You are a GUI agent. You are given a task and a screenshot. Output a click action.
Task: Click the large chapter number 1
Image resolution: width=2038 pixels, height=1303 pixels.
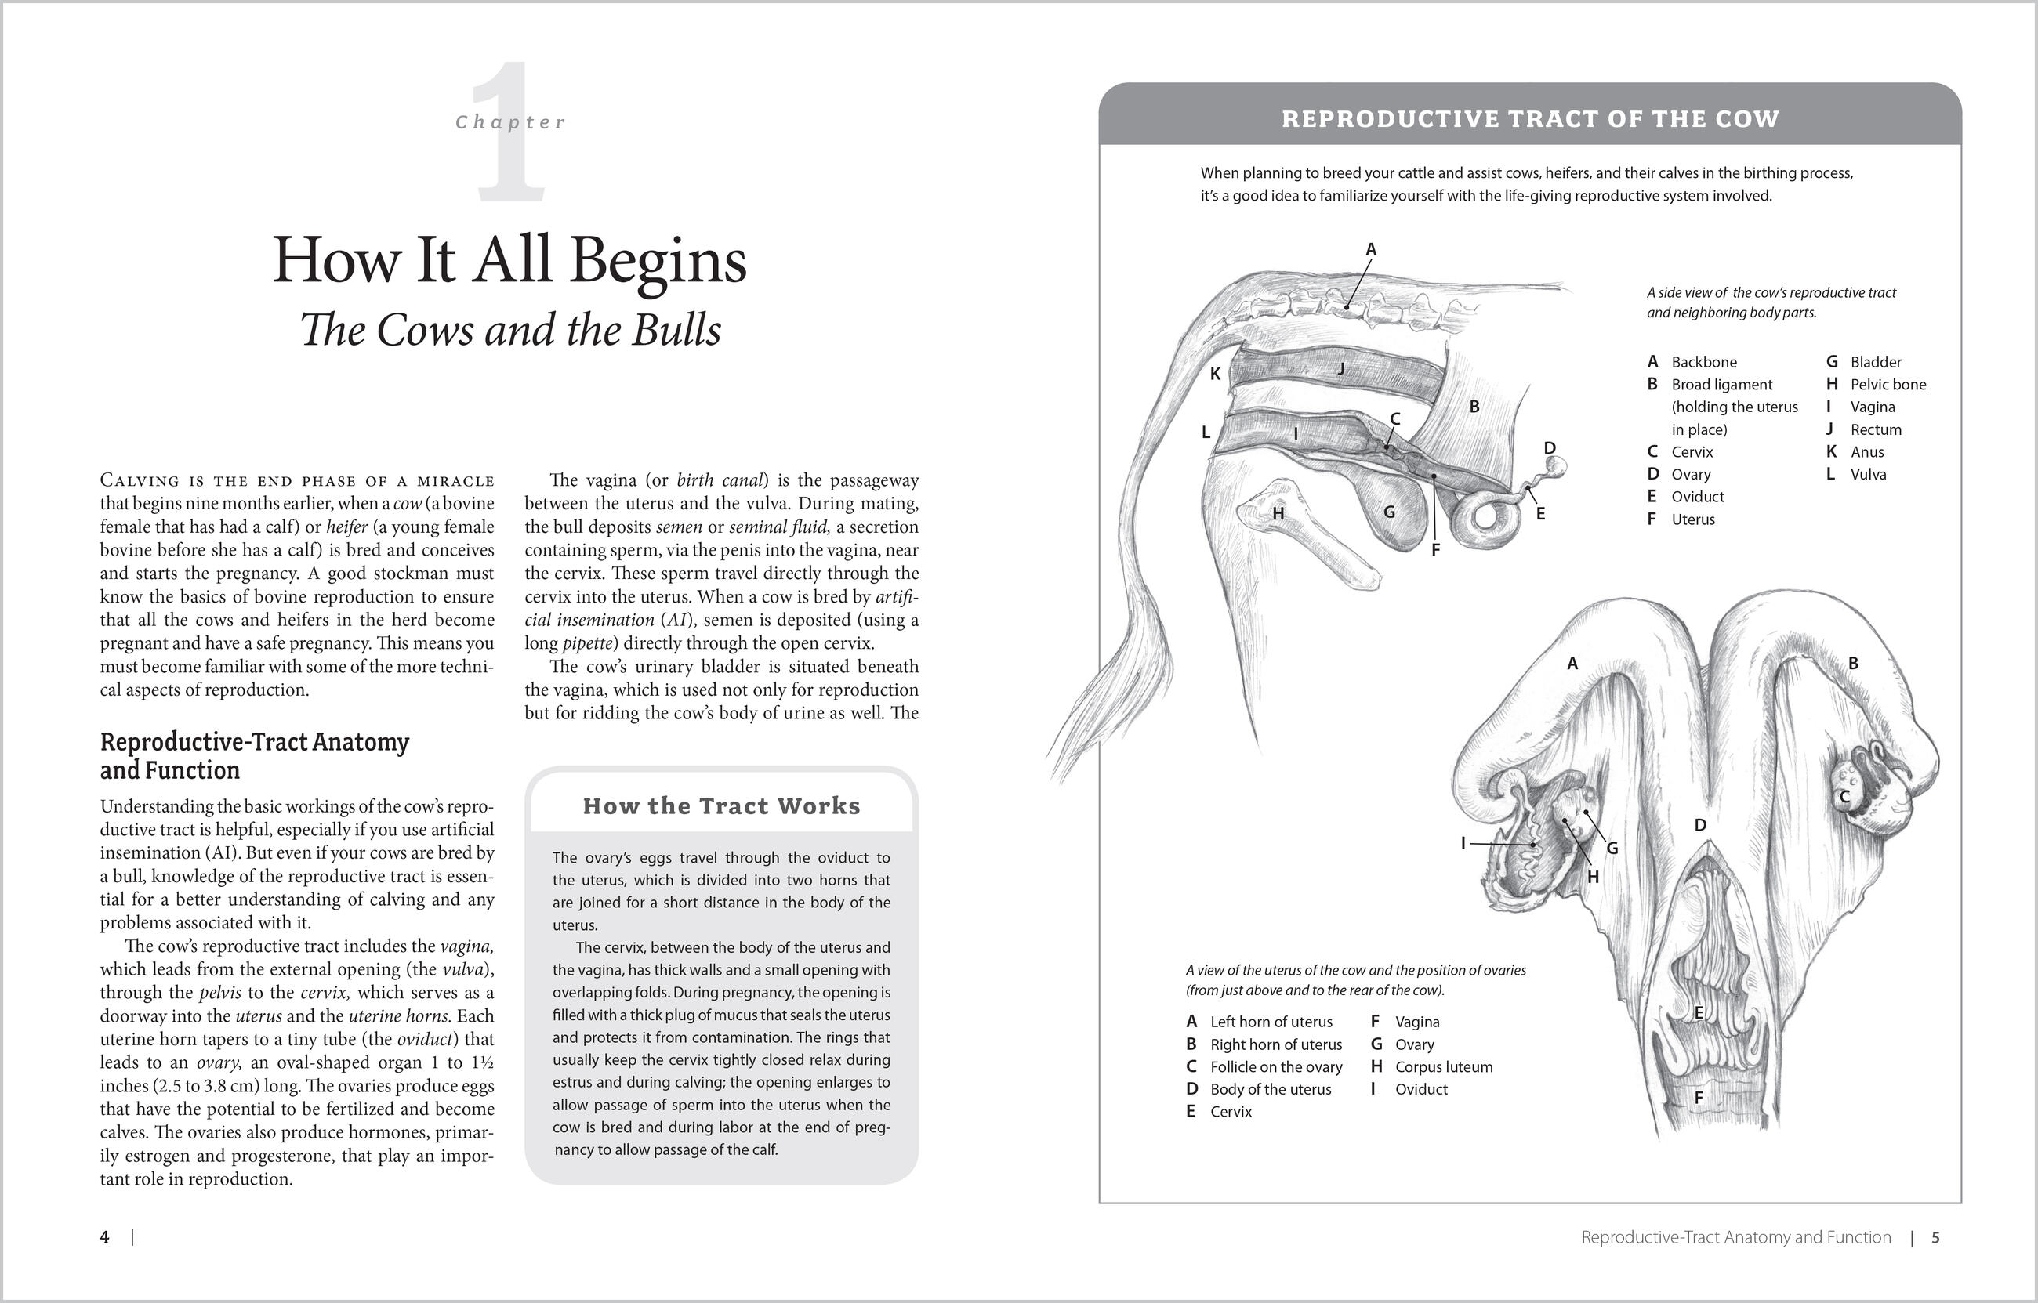510,136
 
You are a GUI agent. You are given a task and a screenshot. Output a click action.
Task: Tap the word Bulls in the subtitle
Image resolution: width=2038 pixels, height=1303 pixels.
676,330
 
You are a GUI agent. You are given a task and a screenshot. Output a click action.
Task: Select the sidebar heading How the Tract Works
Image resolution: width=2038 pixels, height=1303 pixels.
721,805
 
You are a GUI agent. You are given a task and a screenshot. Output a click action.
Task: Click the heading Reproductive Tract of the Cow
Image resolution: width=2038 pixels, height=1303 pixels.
1530,118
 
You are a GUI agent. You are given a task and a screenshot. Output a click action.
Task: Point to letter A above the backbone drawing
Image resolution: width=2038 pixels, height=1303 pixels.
1371,250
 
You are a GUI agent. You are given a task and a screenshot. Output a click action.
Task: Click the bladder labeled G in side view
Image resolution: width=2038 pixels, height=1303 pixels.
1389,512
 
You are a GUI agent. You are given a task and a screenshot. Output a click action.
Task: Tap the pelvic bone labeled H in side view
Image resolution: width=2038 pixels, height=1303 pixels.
1278,513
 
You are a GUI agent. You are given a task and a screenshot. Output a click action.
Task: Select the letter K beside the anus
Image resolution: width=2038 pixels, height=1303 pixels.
1215,374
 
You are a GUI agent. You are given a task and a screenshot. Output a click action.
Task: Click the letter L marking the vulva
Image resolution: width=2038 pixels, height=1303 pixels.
1206,433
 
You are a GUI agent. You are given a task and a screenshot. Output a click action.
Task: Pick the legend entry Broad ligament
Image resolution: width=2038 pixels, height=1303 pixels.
1721,384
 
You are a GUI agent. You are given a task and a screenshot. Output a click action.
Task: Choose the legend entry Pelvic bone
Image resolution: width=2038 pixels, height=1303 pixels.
1888,384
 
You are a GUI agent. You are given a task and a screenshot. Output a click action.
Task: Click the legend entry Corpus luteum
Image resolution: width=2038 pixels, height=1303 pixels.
1443,1067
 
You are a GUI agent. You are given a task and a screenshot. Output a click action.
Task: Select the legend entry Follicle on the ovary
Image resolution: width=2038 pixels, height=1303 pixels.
1275,1067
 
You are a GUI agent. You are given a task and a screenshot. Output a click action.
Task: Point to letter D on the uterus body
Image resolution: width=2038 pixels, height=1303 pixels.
1700,825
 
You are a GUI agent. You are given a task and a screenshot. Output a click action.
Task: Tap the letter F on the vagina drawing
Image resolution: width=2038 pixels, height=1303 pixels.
1698,1099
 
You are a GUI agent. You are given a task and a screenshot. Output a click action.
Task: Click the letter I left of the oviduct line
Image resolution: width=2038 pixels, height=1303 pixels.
1463,843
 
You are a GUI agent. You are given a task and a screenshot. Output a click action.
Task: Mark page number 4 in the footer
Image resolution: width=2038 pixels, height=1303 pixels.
105,1237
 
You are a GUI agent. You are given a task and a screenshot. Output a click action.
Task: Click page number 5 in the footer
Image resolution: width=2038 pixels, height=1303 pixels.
1935,1237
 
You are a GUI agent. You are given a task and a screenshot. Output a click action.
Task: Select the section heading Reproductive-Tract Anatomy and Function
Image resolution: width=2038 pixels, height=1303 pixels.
254,755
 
